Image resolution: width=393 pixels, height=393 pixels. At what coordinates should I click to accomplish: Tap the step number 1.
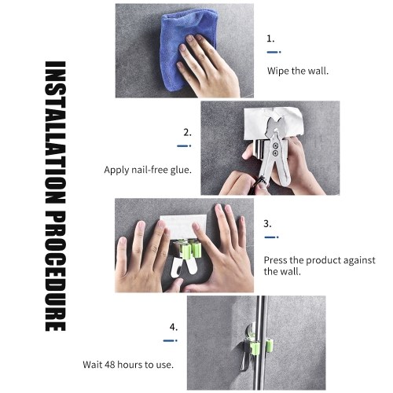tap(270, 39)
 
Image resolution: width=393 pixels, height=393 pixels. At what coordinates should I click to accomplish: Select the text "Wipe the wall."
tap(298, 71)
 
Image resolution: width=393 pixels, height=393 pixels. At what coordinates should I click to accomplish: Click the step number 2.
tap(187, 133)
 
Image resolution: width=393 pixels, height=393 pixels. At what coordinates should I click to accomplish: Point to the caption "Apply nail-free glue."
tap(148, 170)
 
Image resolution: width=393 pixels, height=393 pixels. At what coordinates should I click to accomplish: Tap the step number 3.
tap(267, 224)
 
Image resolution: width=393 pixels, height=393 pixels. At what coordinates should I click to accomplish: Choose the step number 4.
tap(174, 327)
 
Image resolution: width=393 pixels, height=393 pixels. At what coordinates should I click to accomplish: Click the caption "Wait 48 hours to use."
tap(128, 365)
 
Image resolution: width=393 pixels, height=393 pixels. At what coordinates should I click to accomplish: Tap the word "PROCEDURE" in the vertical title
tap(55, 271)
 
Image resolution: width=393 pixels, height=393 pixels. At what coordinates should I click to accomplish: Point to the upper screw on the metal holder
tap(275, 145)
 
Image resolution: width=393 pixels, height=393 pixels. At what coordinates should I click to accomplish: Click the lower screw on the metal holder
tap(275, 153)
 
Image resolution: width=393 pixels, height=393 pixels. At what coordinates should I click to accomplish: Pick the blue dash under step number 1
tap(274, 52)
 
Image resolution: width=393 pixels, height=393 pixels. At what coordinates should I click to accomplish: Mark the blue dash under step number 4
tap(171, 340)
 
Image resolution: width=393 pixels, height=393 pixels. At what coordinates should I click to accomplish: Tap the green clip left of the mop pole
tap(255, 347)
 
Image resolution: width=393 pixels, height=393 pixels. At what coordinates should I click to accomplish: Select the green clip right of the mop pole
tap(270, 344)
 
